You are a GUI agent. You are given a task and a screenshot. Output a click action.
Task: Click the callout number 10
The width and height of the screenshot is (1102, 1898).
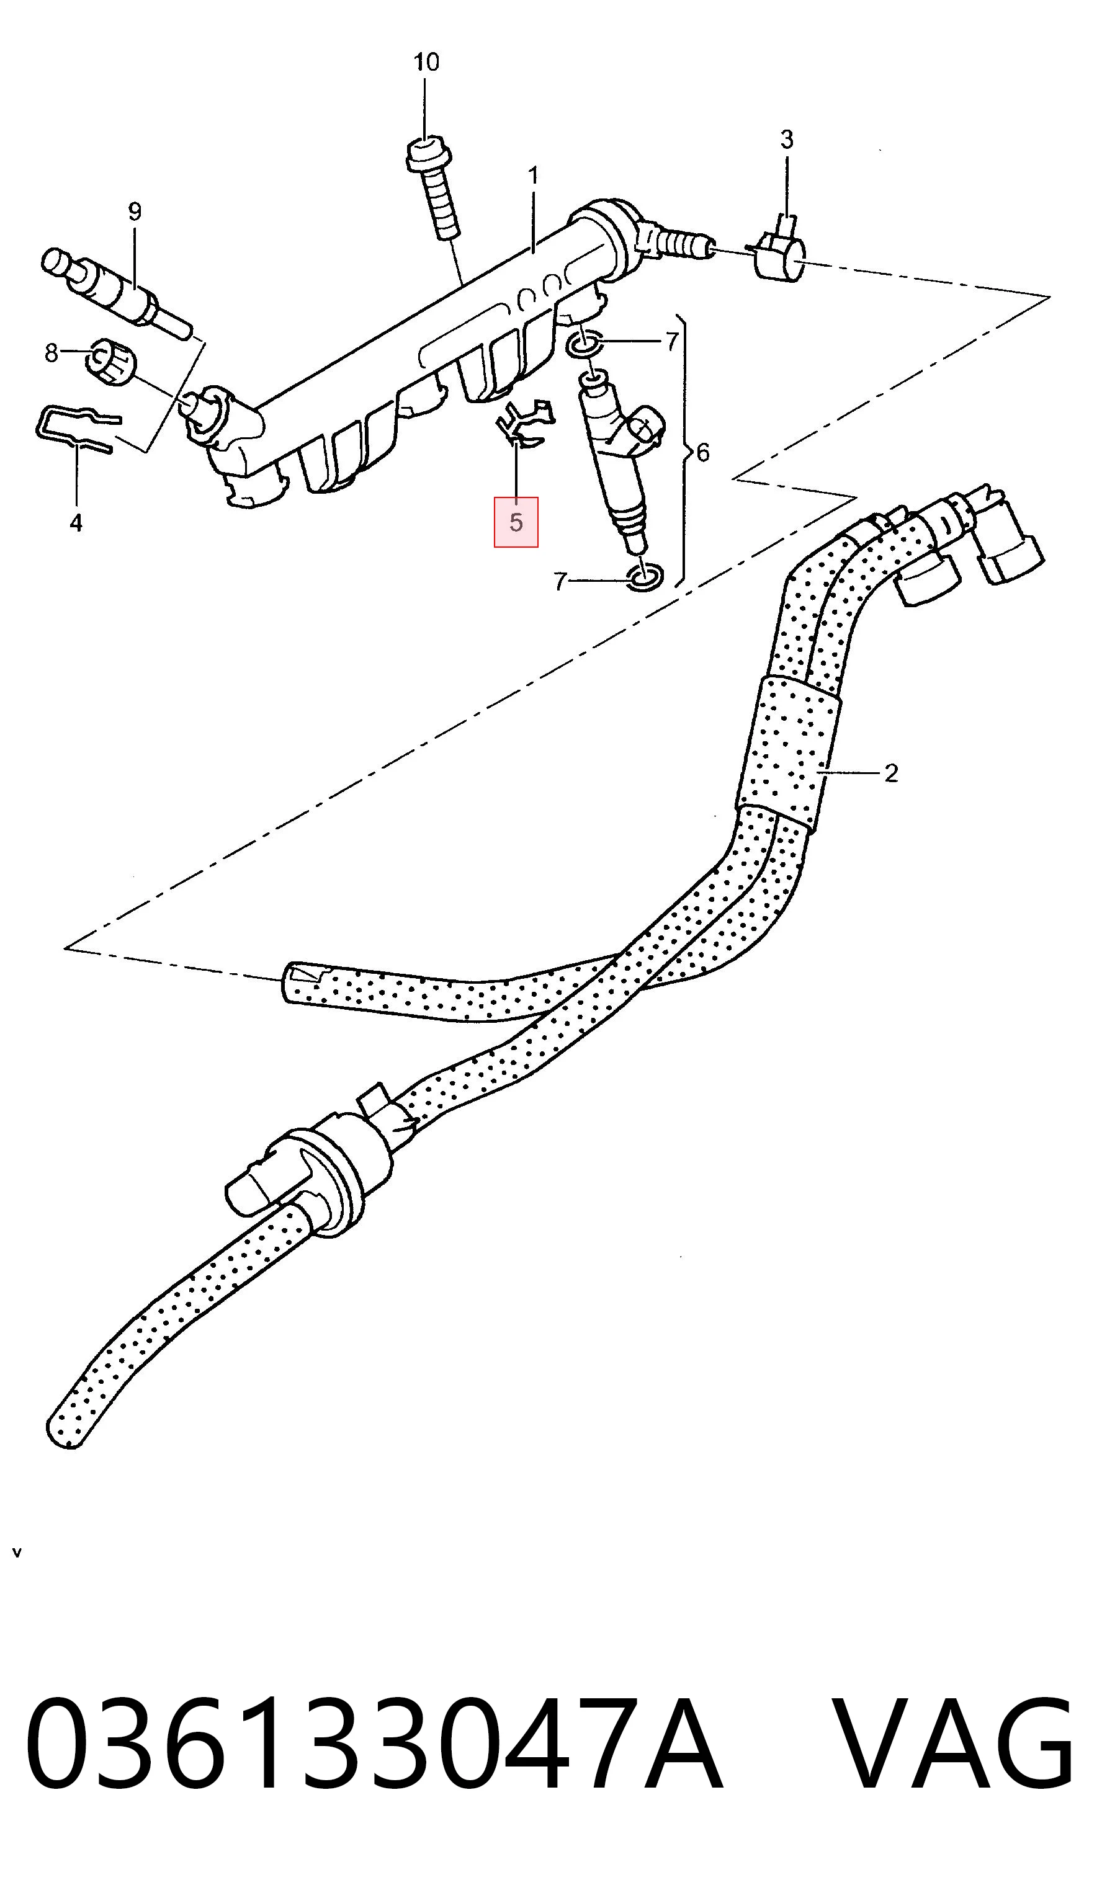(426, 62)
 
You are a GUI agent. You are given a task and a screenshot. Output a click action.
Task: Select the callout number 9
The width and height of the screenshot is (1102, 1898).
(134, 212)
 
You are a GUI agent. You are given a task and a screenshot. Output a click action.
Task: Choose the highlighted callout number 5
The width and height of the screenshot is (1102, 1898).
(516, 522)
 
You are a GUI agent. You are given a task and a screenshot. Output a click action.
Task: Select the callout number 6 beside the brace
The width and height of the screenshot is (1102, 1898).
(702, 453)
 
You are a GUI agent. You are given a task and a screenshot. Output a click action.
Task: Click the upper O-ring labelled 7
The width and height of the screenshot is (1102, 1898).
(582, 344)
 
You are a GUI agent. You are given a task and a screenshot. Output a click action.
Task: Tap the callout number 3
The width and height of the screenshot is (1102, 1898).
(786, 140)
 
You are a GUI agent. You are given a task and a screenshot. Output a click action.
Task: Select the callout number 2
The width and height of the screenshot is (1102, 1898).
(891, 773)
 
